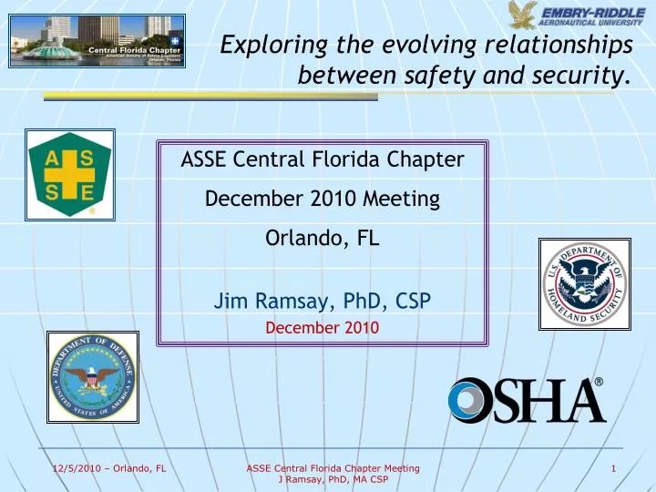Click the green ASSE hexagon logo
tap(70, 175)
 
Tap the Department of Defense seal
tap(92, 377)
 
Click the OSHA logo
tap(527, 400)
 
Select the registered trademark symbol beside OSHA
tap(599, 382)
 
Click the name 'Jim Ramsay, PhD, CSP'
tap(323, 301)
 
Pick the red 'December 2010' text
tap(322, 326)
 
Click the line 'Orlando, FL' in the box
tap(323, 239)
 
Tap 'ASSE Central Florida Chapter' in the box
tap(323, 160)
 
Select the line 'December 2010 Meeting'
tap(323, 199)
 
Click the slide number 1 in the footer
tap(614, 468)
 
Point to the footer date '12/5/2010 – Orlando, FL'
tap(108, 468)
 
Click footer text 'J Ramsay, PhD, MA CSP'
tap(333, 479)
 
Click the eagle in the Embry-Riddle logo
tap(524, 15)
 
